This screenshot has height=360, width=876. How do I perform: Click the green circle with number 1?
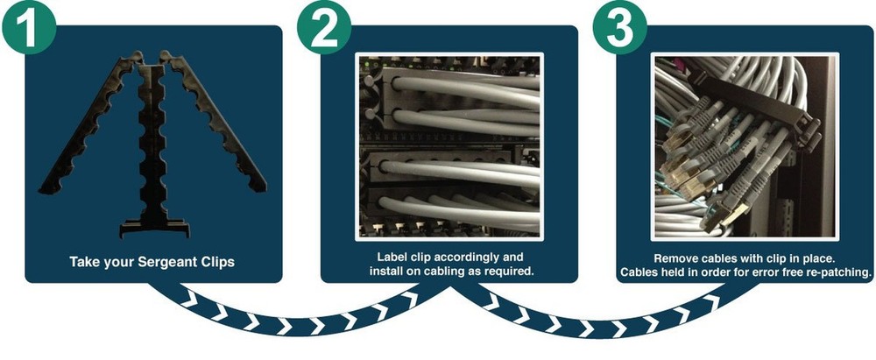pos(28,28)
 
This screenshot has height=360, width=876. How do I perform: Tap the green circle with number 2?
pos(323,28)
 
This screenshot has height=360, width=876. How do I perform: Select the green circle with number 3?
pos(620,28)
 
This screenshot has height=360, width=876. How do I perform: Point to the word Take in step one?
pos(85,261)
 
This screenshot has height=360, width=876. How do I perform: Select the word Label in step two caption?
pos(393,258)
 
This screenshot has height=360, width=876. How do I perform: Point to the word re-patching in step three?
pos(839,272)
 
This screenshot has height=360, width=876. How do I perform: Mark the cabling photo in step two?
pos(447,145)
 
